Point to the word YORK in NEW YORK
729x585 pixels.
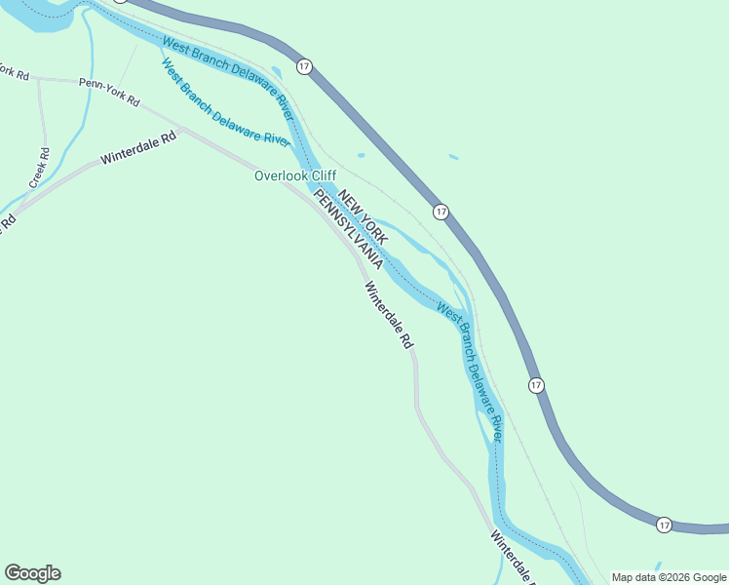click(x=374, y=227)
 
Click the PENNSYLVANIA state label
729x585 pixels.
click(x=347, y=231)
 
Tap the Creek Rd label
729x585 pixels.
click(x=39, y=168)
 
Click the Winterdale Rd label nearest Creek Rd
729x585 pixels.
click(x=138, y=147)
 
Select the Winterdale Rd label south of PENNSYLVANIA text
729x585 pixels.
click(x=389, y=316)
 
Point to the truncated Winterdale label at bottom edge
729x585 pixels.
click(x=512, y=557)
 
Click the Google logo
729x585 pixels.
click(x=32, y=573)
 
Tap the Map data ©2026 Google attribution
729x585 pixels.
click(x=669, y=577)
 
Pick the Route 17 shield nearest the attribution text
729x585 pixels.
click(x=664, y=525)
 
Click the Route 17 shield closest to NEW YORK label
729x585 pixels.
click(x=441, y=212)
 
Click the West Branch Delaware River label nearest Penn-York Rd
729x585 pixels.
click(x=225, y=103)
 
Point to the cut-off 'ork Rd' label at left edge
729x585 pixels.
click(x=14, y=73)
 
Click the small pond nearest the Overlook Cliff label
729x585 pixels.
click(x=361, y=155)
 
